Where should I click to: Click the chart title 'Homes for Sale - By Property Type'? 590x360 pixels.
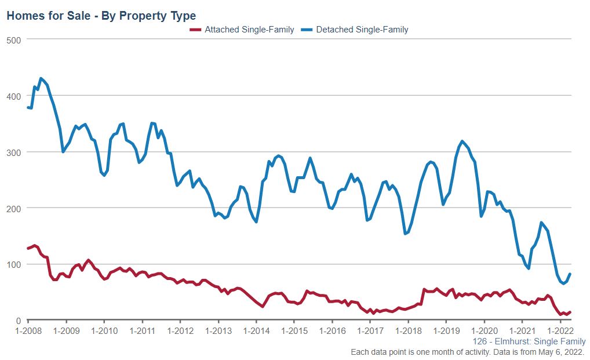coord(101,16)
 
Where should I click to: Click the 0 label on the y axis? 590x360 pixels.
coord(19,321)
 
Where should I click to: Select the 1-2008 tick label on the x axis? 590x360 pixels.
coord(28,331)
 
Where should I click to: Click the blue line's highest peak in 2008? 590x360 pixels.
coord(41,78)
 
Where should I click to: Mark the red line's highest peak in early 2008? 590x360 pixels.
coord(34,245)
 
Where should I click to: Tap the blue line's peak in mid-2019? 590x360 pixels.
coord(462,141)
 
